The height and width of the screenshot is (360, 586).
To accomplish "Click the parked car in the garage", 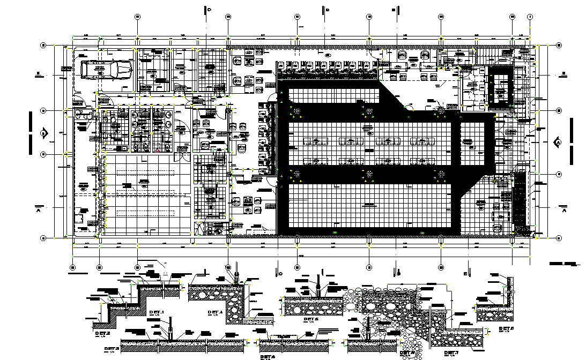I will click(106, 70).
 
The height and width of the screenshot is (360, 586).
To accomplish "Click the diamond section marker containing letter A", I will click(558, 142).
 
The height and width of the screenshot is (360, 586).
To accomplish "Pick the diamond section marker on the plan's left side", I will click(44, 132).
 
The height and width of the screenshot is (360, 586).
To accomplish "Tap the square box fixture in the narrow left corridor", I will click(79, 219).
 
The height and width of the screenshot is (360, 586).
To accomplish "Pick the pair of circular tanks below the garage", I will click(81, 114).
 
